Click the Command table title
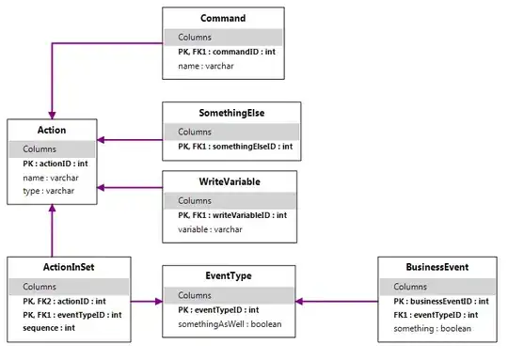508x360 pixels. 223,18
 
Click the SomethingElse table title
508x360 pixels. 230,114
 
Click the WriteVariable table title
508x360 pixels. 230,182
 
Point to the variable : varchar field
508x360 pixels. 210,229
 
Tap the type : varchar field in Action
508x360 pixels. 42,191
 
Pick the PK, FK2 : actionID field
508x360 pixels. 65,301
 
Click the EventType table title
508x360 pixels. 230,276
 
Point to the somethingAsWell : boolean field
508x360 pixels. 230,324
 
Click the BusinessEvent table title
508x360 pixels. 437,268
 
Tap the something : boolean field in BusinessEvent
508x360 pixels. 432,329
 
